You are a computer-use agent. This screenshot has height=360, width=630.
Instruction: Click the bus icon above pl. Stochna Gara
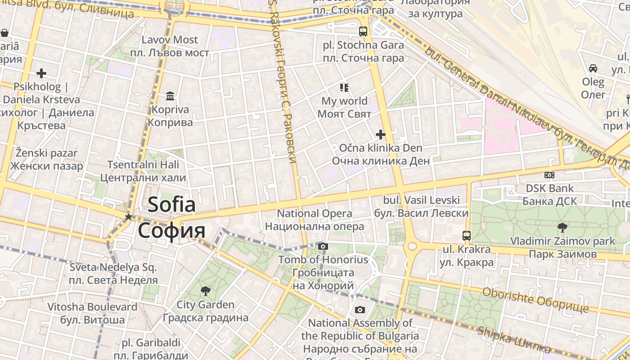363,31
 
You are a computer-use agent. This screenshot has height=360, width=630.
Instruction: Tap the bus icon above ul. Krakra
467,235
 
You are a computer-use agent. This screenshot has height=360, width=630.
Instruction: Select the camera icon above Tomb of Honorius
323,246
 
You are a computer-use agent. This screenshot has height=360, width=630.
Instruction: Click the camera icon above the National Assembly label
360,310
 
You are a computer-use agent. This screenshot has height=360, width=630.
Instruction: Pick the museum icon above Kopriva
170,96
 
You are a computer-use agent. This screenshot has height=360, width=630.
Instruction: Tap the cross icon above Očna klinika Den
381,134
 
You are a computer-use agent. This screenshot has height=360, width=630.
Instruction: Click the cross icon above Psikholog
41,73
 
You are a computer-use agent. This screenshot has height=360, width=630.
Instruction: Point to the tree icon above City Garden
205,291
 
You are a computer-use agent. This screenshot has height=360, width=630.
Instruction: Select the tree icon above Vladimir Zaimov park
562,227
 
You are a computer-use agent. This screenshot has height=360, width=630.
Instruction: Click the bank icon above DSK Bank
549,175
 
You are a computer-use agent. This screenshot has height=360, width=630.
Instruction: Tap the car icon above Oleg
593,68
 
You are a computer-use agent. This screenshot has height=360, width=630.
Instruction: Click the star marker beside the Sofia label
128,217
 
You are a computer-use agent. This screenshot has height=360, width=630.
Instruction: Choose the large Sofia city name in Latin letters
171,205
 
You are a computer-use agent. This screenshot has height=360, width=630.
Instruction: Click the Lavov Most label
170,40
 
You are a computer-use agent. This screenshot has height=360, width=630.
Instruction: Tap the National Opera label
315,213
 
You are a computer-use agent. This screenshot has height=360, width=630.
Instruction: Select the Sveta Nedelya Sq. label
113,267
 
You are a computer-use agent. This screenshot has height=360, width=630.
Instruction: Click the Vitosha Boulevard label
92,307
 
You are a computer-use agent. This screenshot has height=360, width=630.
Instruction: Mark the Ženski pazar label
46,153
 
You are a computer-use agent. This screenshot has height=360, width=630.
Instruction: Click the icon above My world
344,87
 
